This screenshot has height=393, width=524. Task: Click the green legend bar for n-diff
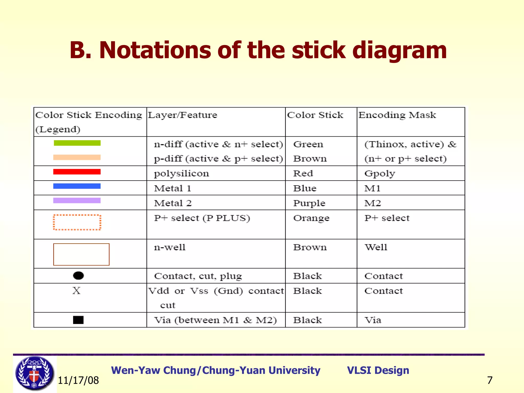[77, 143]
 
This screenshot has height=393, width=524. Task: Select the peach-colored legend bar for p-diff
[77, 157]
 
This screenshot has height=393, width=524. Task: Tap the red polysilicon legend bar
[77, 172]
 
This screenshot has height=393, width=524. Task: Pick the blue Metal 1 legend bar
[77, 186]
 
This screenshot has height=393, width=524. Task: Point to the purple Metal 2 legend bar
[77, 200]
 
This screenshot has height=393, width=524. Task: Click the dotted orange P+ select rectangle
[77, 222]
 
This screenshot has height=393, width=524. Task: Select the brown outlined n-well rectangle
[81, 254]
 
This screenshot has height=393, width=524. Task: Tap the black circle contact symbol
[78, 276]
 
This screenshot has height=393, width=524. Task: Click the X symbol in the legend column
[76, 291]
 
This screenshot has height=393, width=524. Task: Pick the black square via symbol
[78, 320]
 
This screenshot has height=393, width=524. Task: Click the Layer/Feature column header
[182, 115]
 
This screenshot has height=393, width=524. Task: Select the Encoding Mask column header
[397, 115]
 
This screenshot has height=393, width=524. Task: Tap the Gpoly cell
[380, 173]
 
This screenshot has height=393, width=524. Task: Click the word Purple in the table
[309, 203]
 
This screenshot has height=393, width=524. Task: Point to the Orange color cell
[311, 218]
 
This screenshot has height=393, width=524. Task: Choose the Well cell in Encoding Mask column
[376, 247]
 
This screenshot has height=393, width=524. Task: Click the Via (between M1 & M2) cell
[215, 320]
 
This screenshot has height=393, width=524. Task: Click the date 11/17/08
[78, 380]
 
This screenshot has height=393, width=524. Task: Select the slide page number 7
[490, 380]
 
